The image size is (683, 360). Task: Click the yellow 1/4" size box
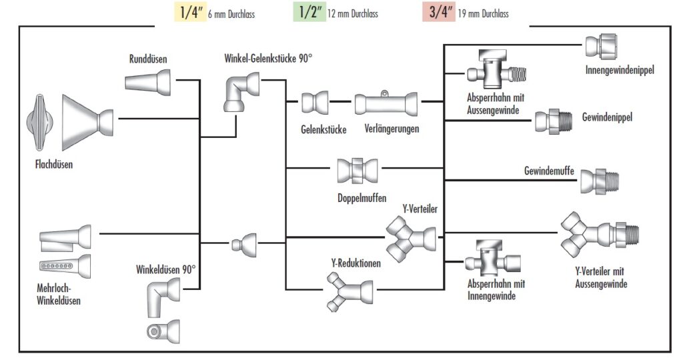point(184,13)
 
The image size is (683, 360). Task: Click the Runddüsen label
point(148,60)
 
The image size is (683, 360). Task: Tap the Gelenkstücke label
point(323,129)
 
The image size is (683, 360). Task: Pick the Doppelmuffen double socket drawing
point(358,172)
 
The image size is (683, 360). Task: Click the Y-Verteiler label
point(420,210)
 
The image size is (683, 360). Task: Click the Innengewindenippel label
point(620,70)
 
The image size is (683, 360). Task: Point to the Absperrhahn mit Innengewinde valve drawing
point(490,259)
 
